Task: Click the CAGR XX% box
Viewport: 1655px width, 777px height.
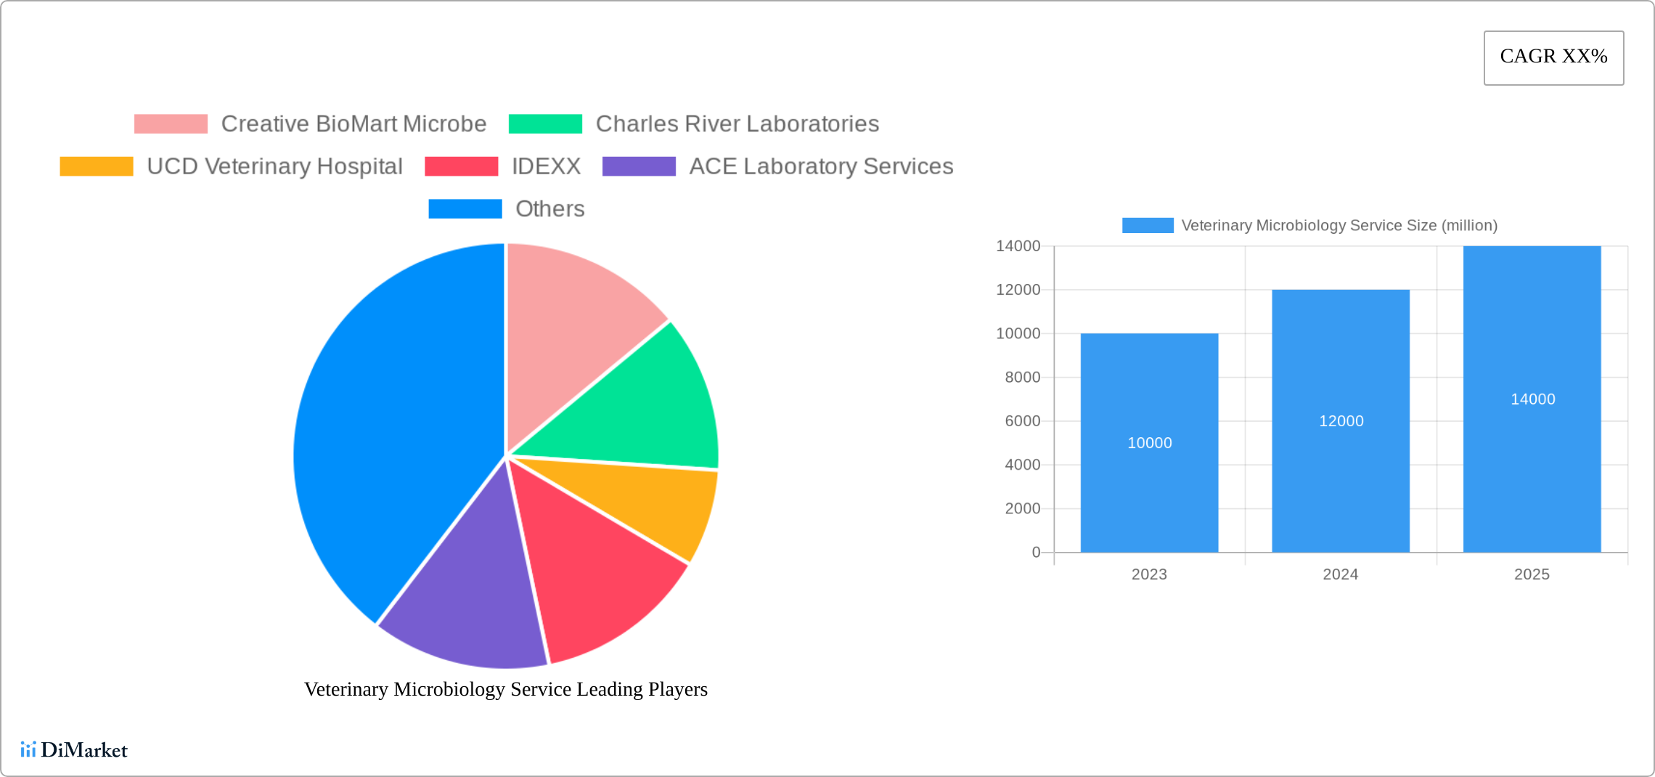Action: (1553, 57)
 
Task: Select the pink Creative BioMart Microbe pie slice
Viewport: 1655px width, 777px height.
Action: (573, 327)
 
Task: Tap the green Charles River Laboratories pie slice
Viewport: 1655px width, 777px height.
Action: (646, 407)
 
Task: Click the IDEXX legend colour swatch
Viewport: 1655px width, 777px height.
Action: (461, 166)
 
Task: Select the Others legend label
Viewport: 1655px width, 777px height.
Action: (549, 209)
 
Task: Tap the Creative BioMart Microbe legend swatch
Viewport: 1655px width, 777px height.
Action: (171, 124)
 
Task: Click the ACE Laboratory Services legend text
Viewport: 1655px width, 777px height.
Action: (821, 166)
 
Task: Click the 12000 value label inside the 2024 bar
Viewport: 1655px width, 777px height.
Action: (1341, 421)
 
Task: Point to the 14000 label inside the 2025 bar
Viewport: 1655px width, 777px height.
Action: (1532, 399)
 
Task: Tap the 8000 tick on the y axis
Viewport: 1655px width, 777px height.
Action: (1022, 378)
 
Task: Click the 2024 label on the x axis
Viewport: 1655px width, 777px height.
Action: (1340, 574)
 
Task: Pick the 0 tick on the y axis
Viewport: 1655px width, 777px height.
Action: (1036, 553)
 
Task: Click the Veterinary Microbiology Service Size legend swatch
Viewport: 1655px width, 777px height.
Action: (1148, 226)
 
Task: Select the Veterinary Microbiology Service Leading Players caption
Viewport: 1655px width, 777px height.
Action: (506, 689)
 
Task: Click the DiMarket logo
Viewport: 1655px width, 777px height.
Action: (74, 750)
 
